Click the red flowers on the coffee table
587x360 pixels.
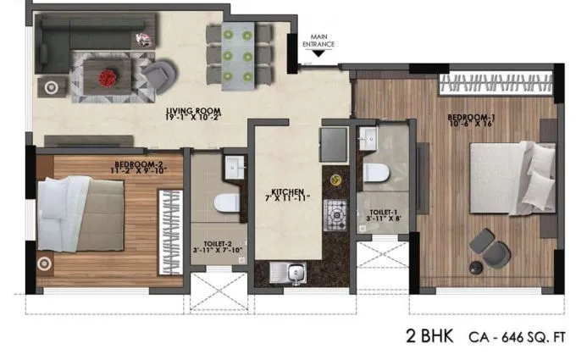click(x=108, y=77)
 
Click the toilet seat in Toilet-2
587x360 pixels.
click(x=225, y=204)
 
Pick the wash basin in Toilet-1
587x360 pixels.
click(x=367, y=137)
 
